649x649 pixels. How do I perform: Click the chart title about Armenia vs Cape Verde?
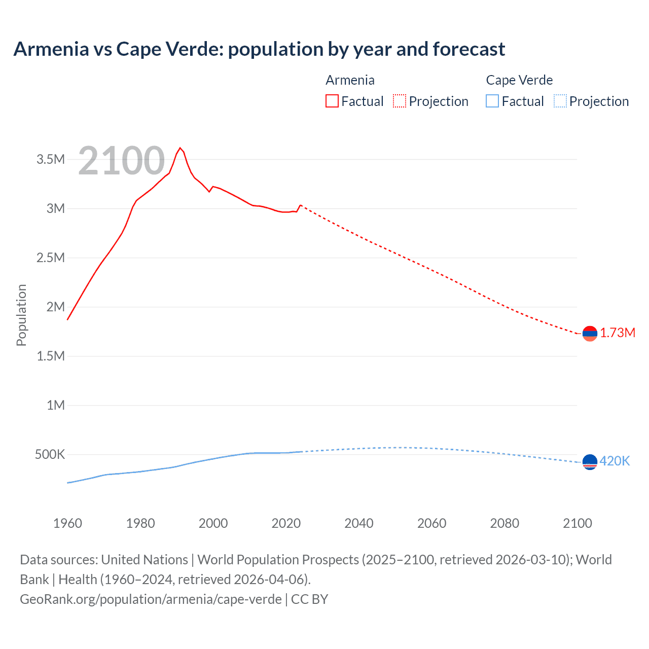pos(259,49)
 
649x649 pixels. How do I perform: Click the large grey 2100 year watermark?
pos(121,161)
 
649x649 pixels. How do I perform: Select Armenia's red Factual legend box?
pos(332,101)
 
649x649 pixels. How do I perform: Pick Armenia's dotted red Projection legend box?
pos(400,101)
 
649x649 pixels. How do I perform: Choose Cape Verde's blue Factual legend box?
pos(492,101)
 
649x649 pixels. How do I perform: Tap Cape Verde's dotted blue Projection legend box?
pos(560,101)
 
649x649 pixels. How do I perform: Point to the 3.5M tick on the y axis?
pos(51,160)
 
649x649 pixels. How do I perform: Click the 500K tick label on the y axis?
pos(50,454)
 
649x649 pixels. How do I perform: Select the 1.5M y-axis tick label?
pos(51,356)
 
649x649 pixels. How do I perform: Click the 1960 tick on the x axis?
pos(67,523)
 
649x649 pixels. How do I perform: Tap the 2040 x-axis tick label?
pos(359,523)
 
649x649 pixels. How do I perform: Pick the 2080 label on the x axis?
pos(504,523)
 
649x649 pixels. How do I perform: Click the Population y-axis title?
pos(21,315)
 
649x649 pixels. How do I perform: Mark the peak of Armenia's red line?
pos(180,148)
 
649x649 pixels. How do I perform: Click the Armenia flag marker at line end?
pos(590,333)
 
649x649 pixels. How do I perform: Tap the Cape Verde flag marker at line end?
pos(590,462)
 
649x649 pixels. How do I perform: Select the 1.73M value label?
pos(618,333)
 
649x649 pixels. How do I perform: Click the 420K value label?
pos(615,461)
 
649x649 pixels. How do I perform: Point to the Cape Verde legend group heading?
pos(519,80)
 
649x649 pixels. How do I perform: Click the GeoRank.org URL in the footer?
pos(151,599)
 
